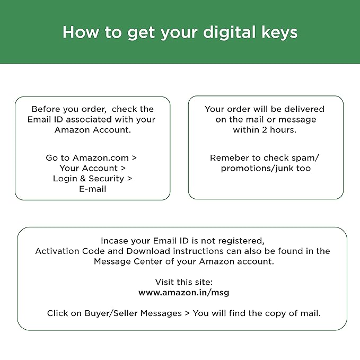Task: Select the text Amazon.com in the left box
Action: tap(101, 158)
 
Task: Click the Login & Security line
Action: tap(93, 179)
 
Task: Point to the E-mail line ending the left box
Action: tap(93, 189)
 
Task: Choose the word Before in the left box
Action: tap(46, 109)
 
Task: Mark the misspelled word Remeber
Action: tap(229, 158)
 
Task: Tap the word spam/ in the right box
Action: tap(307, 158)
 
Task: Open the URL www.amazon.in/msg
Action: tap(184, 293)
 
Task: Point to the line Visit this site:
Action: tap(184, 282)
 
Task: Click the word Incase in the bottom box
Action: tap(115, 241)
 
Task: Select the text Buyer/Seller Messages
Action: tap(133, 313)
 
